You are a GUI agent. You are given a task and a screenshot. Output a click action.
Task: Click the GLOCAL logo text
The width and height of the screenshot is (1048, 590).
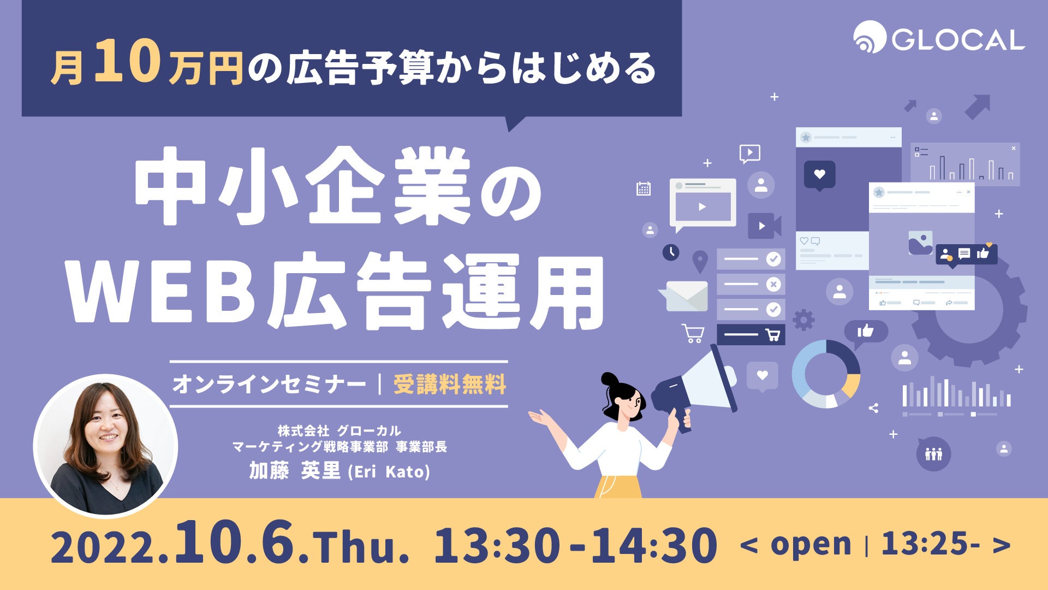(x=958, y=40)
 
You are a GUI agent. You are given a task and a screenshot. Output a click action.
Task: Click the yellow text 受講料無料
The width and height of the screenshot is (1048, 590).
(x=450, y=384)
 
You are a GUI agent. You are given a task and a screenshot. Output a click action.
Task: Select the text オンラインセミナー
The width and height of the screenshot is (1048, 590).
(x=269, y=384)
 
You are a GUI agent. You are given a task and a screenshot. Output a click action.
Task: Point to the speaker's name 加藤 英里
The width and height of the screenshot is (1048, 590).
(x=295, y=470)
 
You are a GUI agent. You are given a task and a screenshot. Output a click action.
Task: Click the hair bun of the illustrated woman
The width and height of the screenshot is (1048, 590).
(x=609, y=381)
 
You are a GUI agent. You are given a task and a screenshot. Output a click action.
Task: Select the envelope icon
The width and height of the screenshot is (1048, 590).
(x=683, y=296)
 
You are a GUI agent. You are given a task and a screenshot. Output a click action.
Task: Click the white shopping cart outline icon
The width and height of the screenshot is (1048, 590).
(x=693, y=333)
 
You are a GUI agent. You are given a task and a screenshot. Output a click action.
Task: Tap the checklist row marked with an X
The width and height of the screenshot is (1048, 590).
(x=751, y=284)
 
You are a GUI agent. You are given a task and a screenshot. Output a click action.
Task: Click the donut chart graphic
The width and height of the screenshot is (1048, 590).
(x=826, y=374)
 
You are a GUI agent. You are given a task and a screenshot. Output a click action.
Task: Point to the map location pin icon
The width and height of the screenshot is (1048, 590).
(x=700, y=262)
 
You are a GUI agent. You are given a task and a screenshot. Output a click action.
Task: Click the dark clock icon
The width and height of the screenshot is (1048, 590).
(x=671, y=252)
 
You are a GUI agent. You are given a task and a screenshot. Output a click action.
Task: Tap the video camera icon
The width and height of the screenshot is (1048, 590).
(x=764, y=226)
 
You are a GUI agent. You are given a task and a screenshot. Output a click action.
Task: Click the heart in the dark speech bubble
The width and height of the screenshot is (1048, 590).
(x=819, y=174)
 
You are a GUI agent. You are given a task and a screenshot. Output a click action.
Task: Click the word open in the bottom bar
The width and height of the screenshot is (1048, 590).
(x=811, y=545)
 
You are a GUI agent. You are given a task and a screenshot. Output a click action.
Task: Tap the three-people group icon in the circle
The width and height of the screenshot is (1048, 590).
(x=933, y=454)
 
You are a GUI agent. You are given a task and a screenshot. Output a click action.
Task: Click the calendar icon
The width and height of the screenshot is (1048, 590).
(x=644, y=189)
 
